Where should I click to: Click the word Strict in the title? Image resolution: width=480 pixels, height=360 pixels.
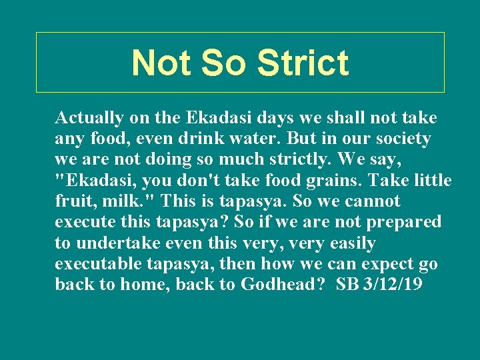point(302,63)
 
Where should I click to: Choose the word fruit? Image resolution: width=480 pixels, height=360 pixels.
point(73,201)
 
